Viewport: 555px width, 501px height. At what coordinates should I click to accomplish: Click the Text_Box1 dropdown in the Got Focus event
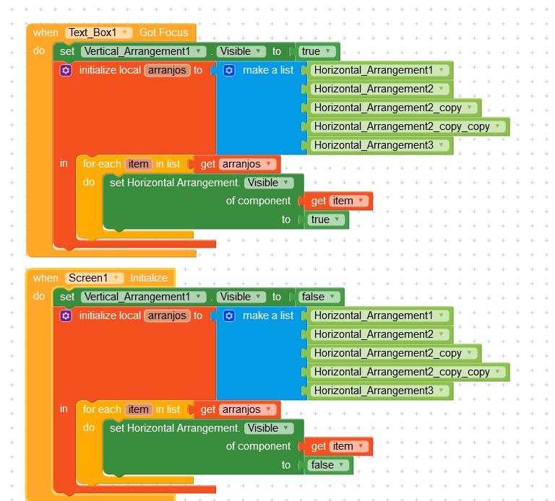99,32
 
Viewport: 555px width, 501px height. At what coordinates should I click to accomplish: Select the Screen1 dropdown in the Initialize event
95,278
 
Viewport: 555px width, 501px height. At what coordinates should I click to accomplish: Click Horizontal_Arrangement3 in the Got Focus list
379,145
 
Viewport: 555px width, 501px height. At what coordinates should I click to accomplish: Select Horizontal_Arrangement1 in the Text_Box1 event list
379,70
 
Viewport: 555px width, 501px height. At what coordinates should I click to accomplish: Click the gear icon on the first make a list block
230,70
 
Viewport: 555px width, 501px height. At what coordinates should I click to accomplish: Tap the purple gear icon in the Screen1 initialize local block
66,315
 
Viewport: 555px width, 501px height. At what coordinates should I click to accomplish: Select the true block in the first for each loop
326,219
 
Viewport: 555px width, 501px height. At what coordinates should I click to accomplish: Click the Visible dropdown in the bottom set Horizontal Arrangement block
268,428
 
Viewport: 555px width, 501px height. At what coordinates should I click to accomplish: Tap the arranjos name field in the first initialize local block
167,70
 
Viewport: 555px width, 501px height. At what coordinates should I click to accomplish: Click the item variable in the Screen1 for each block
138,409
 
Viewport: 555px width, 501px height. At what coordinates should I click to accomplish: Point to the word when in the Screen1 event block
46,278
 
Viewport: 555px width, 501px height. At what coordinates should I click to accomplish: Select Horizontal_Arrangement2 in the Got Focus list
379,89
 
